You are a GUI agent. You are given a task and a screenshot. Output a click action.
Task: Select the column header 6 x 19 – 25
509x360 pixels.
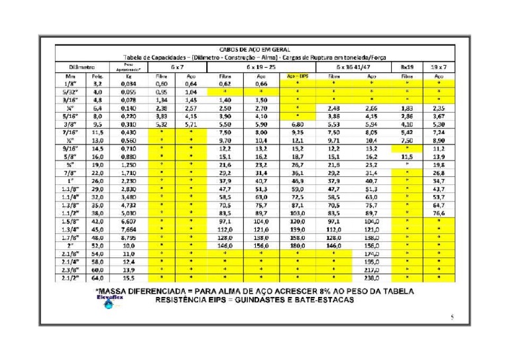260,67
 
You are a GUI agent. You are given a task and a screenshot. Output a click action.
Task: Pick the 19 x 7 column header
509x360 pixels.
437,67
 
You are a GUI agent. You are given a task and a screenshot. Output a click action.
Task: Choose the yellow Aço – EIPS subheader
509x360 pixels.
297,76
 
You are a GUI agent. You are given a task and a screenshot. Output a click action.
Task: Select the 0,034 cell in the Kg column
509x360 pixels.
128,85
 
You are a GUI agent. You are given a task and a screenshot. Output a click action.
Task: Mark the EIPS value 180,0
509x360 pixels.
297,245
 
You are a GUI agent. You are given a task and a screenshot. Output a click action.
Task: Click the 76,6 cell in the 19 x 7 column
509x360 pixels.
437,213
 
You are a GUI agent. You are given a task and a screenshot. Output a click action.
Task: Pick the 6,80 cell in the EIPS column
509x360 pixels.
297,124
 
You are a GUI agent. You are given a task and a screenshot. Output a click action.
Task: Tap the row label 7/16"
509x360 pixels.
69,133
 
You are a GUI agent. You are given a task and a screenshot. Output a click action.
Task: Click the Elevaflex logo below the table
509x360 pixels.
108,302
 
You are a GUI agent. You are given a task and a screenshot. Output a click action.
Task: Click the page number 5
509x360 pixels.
451,318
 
